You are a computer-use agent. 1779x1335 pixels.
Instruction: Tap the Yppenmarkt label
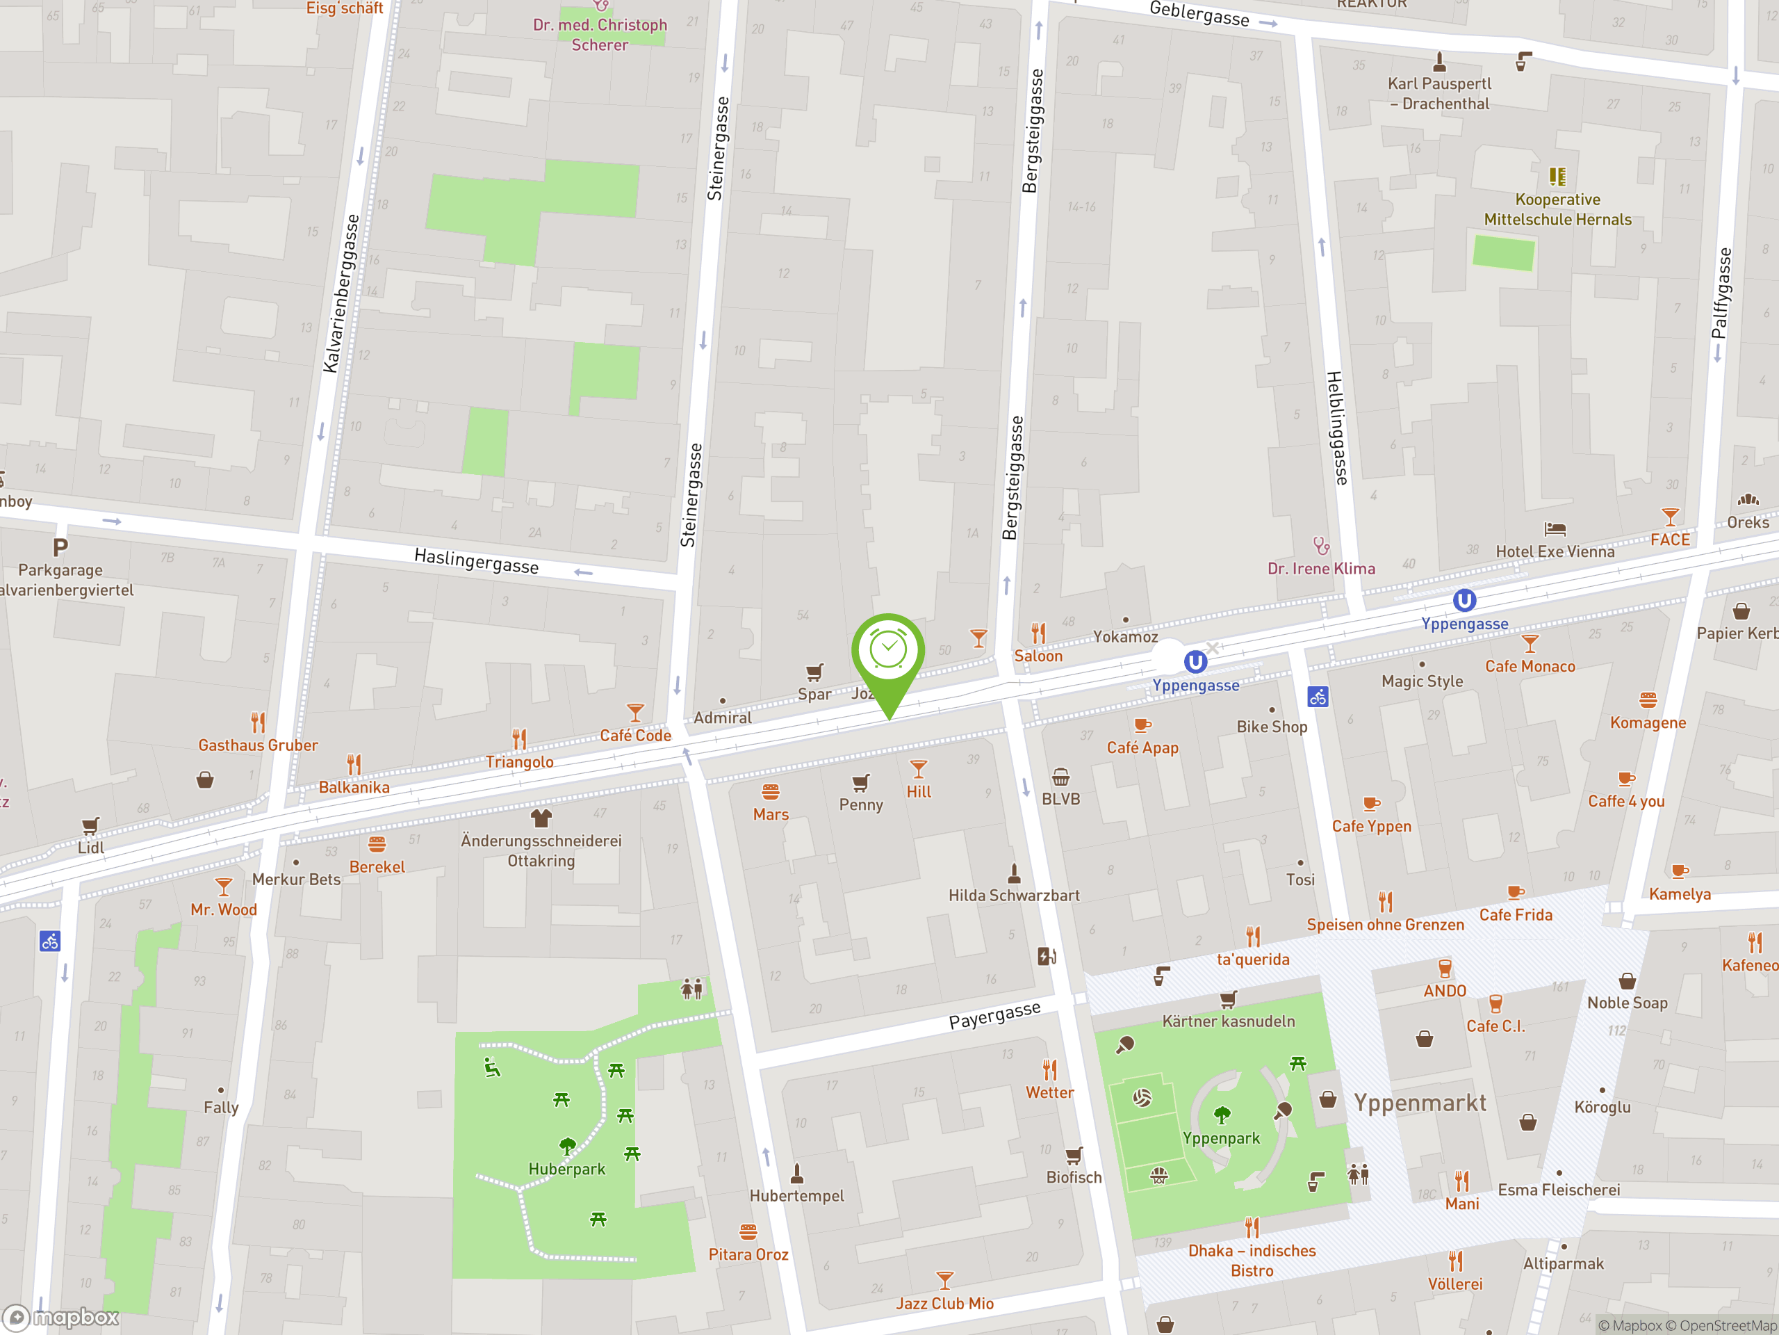(x=1420, y=1103)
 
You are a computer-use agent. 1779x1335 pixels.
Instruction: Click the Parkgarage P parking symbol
(x=60, y=548)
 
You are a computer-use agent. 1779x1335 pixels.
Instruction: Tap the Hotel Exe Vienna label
(x=1555, y=551)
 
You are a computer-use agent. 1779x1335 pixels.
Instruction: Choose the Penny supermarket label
(x=860, y=804)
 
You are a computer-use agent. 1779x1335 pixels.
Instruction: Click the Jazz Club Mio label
(x=944, y=1303)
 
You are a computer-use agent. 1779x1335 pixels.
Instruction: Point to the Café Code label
(x=635, y=735)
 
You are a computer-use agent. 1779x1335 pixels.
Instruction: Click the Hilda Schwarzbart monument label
(x=1013, y=895)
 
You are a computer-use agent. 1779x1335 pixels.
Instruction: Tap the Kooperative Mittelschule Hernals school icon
(x=1557, y=176)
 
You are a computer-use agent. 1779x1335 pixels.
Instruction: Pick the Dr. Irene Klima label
(x=1320, y=568)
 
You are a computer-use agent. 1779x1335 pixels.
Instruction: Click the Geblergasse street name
(x=1199, y=14)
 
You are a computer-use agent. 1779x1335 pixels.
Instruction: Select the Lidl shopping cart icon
(x=91, y=825)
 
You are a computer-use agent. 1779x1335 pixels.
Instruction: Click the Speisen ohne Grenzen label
(x=1385, y=925)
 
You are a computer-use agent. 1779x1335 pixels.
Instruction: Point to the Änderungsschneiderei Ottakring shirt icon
(x=541, y=818)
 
